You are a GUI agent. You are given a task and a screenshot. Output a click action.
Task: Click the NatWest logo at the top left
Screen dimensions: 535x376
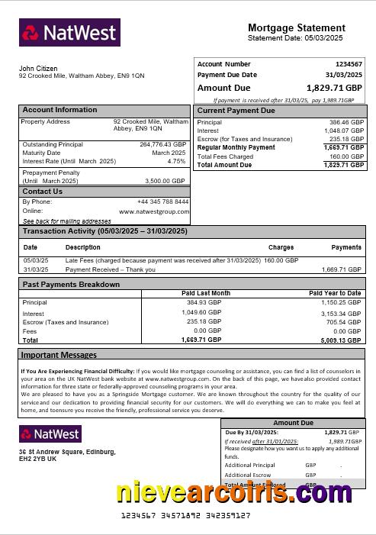point(69,33)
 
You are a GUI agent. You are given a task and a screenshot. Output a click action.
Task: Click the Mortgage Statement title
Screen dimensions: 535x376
point(296,27)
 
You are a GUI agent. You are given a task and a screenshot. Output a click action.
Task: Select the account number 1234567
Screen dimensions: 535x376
point(349,64)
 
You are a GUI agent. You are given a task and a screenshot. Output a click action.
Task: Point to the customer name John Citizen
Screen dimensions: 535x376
point(39,69)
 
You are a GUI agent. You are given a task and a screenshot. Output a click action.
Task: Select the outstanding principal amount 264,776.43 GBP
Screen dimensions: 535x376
point(162,144)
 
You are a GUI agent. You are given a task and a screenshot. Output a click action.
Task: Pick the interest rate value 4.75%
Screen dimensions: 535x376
point(176,161)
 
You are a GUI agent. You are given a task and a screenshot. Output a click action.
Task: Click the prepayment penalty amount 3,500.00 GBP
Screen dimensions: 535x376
point(165,181)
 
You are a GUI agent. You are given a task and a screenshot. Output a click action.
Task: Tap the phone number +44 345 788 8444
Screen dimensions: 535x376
point(162,201)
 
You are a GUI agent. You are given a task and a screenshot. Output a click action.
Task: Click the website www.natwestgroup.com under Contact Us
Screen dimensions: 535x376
point(153,211)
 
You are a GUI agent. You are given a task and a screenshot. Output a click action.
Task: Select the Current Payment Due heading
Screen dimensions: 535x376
point(236,111)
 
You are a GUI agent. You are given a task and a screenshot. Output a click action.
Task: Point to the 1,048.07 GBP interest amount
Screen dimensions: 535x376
point(346,131)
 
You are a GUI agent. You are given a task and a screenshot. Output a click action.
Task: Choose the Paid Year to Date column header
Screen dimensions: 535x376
point(335,293)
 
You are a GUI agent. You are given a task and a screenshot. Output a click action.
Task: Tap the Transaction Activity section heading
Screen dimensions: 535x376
point(104,230)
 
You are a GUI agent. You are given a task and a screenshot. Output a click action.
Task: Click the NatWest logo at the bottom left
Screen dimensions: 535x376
point(50,433)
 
